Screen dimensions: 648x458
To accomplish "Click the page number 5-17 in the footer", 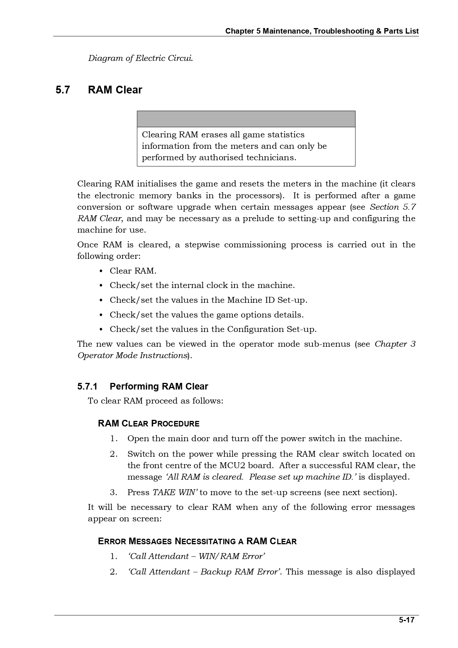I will coord(406,620).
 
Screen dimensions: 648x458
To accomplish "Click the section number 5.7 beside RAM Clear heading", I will coord(62,90).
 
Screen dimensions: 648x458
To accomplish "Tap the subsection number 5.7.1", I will coord(87,387).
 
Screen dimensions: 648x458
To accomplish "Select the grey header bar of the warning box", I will coord(246,119).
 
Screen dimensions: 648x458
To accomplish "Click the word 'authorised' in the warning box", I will coord(221,158).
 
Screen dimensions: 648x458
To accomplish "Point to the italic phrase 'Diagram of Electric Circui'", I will coord(140,58).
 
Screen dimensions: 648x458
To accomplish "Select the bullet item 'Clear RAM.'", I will coord(133,271).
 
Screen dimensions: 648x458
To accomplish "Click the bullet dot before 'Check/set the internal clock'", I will coord(101,286).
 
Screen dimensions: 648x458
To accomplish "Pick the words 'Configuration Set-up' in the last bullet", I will coord(271,329).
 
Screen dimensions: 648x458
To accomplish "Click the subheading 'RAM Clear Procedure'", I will coord(148,424).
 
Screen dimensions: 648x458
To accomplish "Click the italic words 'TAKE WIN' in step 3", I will coord(175,493).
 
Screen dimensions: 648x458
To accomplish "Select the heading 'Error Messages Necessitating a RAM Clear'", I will coord(197,542).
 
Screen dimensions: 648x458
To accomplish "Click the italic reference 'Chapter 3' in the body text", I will coord(395,344).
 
